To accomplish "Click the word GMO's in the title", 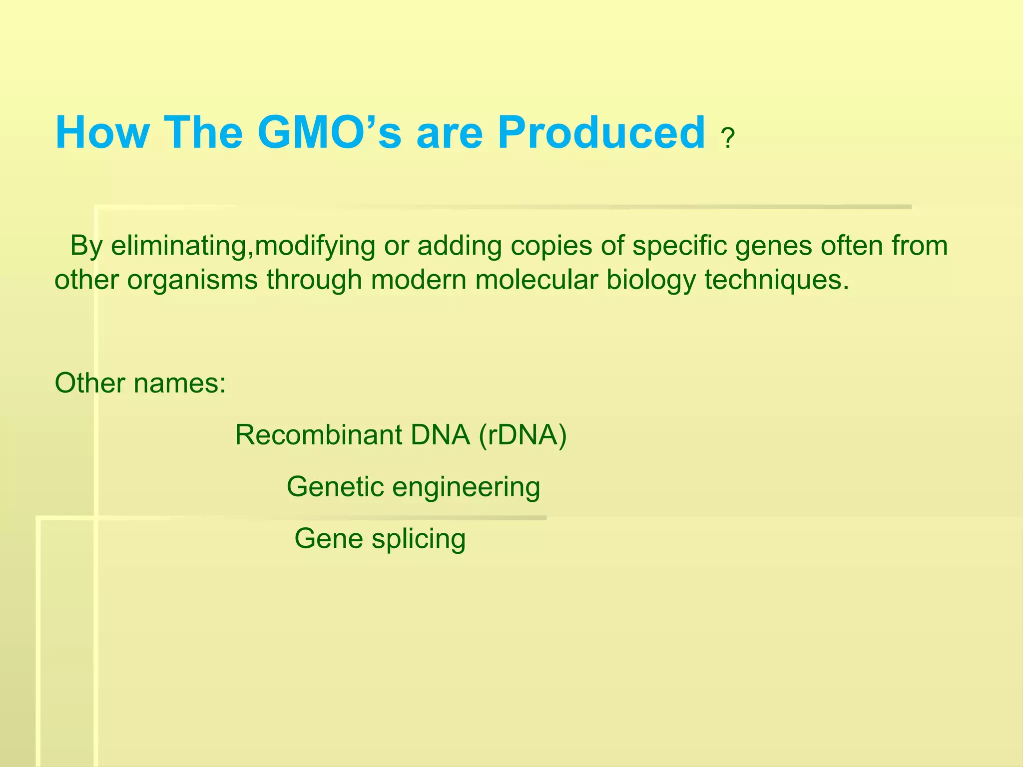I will coord(329,133).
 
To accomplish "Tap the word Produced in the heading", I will coord(601,133).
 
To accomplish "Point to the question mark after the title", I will coord(728,139).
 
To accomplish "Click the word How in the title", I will coord(102,133).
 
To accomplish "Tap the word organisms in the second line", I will coord(192,280).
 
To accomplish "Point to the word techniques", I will coord(777,280).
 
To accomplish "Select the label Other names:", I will coord(140,383).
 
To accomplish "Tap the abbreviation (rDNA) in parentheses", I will coord(522,435).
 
